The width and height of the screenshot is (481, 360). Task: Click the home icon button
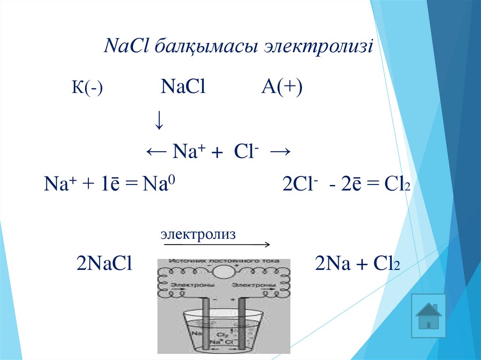point(428,316)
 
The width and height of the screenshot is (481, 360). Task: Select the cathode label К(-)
point(87,88)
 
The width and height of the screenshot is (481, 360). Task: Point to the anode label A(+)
point(282,87)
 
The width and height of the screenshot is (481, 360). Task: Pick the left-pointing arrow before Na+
point(156,152)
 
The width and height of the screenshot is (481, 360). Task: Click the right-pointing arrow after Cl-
point(280,152)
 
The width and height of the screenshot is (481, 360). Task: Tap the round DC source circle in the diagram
point(224,272)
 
